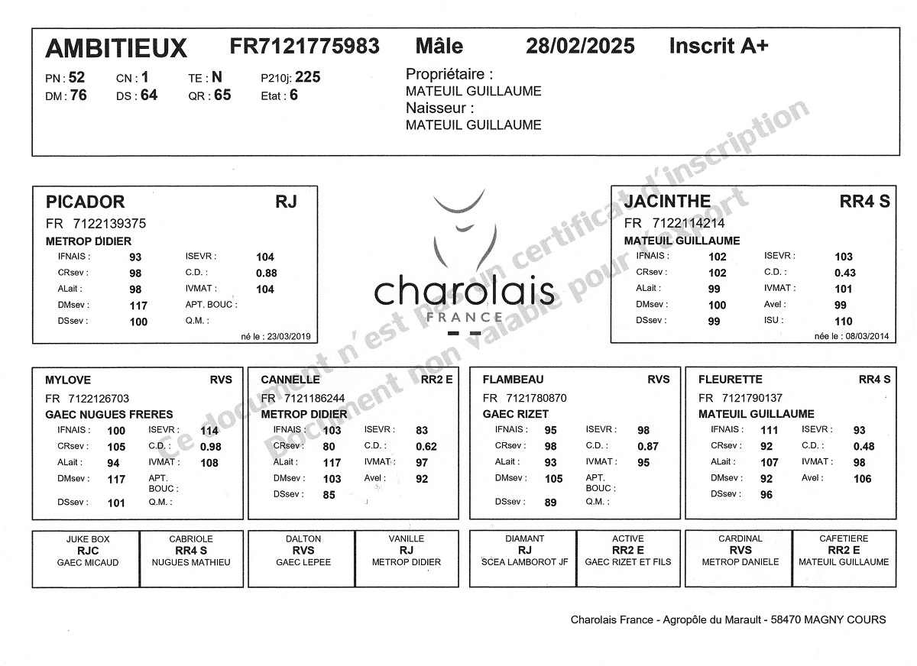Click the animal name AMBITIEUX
[x=116, y=49]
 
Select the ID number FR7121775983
[x=304, y=47]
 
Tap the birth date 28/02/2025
[x=580, y=47]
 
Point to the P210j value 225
[x=308, y=77]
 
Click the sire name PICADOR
[x=85, y=202]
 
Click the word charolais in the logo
[x=464, y=293]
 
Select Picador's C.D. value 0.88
[x=266, y=273]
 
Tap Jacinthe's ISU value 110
[x=843, y=322]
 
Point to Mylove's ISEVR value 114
[x=209, y=431]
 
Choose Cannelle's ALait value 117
[x=332, y=463]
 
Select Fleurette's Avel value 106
[x=862, y=479]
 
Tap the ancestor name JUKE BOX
[x=86, y=539]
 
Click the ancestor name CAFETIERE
[x=844, y=539]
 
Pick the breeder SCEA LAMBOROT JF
[x=524, y=563]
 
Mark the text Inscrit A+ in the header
[x=718, y=47]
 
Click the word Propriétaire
[x=449, y=75]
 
